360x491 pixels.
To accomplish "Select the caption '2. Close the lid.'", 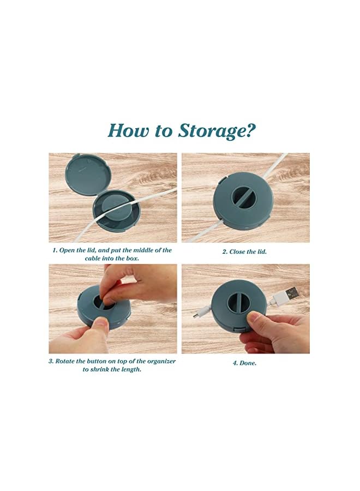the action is [x=244, y=252].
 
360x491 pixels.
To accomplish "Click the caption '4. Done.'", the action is [x=244, y=363].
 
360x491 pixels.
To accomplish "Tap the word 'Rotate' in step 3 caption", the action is [x=65, y=361].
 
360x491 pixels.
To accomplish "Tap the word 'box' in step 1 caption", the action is [x=133, y=259].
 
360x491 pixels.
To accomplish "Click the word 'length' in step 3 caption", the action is [x=131, y=370].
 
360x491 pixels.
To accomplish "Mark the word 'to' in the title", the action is [x=164, y=131].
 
